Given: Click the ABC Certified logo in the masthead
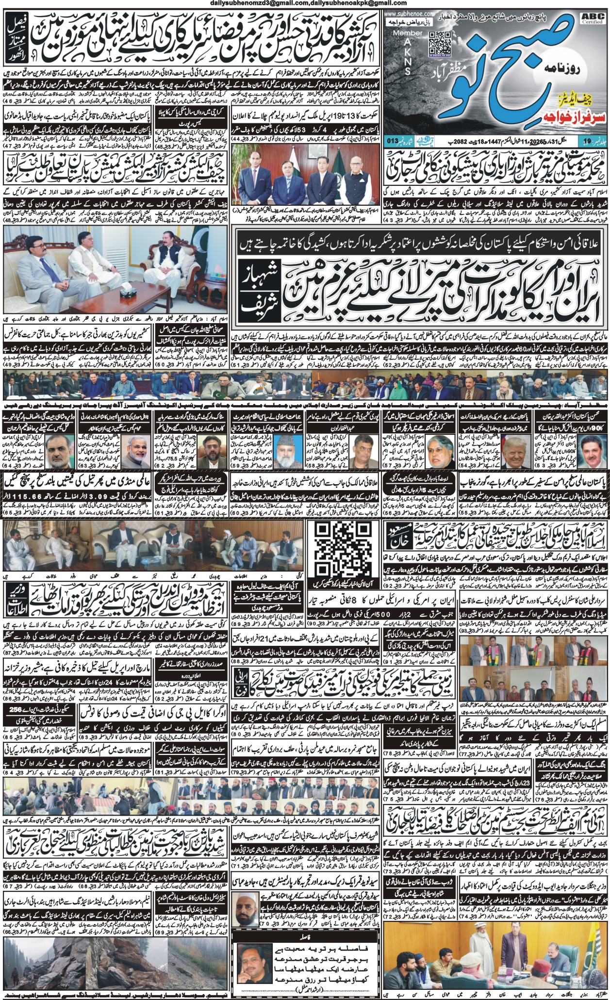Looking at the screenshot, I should (596, 18).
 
